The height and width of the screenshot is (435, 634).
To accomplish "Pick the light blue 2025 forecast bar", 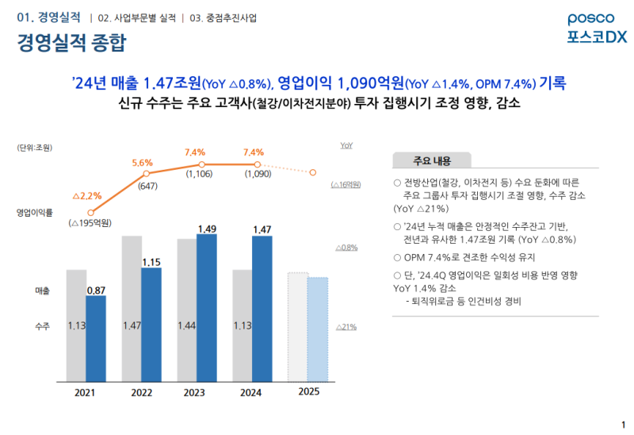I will [x=318, y=329].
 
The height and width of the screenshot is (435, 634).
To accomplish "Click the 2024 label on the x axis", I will [x=250, y=393].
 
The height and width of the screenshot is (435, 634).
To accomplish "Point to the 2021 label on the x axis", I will [x=85, y=393].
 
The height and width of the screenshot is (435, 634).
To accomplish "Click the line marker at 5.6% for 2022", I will [x=147, y=173].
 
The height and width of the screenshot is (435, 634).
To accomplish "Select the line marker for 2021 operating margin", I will [x=91, y=212].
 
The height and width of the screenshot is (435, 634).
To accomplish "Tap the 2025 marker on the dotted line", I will [x=314, y=172].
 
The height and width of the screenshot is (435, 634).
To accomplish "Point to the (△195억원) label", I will [x=92, y=223].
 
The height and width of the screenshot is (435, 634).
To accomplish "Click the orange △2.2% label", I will [x=87, y=195].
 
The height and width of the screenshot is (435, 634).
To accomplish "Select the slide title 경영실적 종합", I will [x=72, y=43].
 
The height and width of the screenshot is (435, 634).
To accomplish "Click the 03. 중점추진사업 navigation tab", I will [x=224, y=17].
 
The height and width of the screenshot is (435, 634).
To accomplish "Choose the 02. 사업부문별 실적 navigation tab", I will [x=136, y=17].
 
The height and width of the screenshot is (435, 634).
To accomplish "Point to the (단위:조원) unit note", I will [x=34, y=148].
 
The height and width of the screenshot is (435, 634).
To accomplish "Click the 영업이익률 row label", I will [x=35, y=213].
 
